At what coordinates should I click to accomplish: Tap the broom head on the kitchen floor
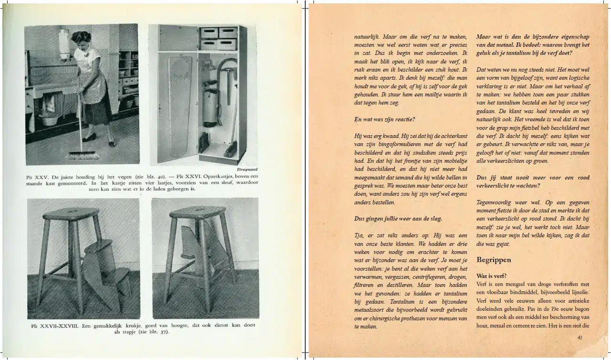[x=82, y=155]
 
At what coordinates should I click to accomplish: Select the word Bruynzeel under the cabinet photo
[x=247, y=169]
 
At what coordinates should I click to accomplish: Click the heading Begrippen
[x=493, y=260]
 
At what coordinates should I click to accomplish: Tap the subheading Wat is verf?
[x=492, y=276]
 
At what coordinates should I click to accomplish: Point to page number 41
[x=580, y=338]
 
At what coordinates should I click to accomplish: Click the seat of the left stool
[x=71, y=212]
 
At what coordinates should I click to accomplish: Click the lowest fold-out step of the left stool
[x=116, y=274]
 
